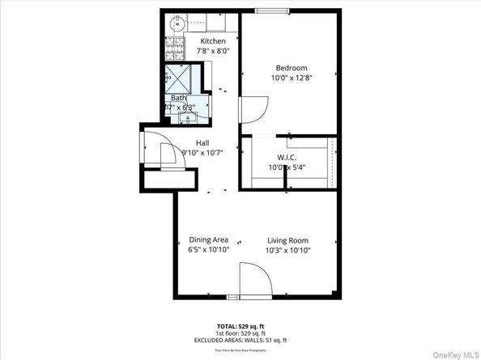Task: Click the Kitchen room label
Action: (x=213, y=41)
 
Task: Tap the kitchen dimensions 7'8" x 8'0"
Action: (x=213, y=51)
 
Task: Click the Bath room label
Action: (x=178, y=97)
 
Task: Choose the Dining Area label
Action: (x=208, y=240)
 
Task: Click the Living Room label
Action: (x=287, y=240)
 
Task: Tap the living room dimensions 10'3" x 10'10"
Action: (x=287, y=250)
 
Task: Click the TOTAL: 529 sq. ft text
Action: (x=240, y=324)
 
